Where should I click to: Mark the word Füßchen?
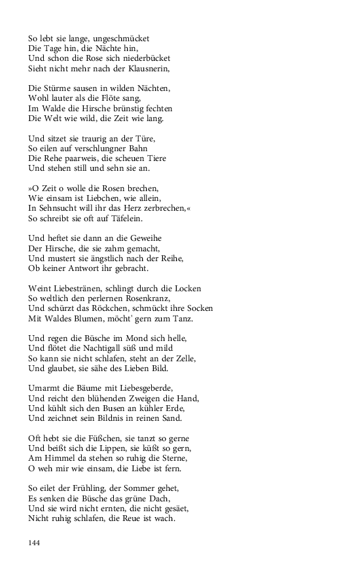(x=97, y=438)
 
